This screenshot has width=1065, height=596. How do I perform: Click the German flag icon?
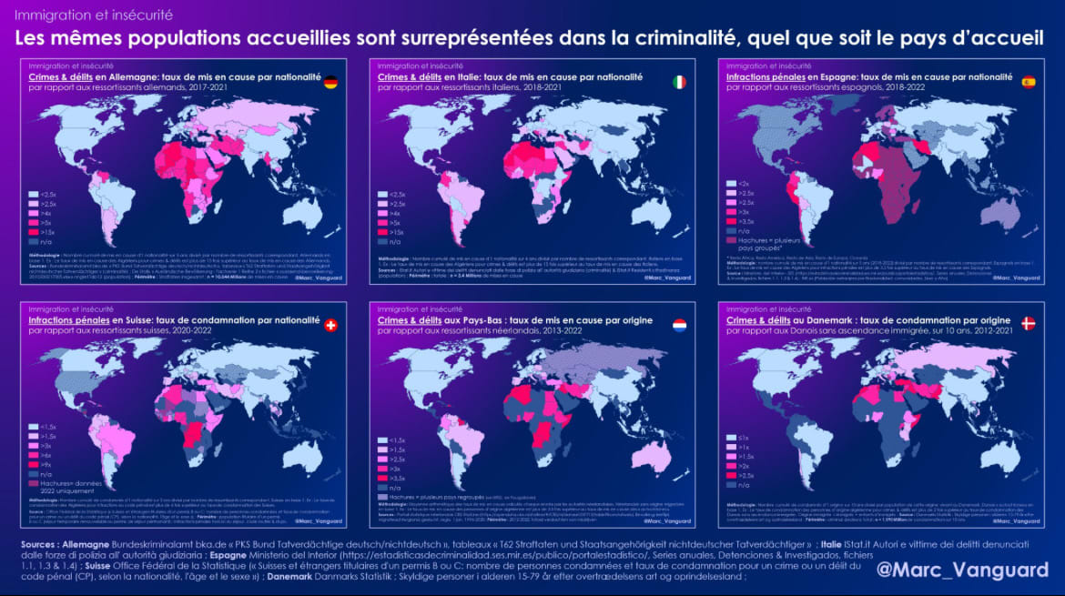tap(330, 82)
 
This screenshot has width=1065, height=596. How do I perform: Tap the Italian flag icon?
tap(679, 82)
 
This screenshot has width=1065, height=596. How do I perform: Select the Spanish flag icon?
tap(1029, 82)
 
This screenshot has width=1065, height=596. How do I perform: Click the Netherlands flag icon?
tap(679, 325)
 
